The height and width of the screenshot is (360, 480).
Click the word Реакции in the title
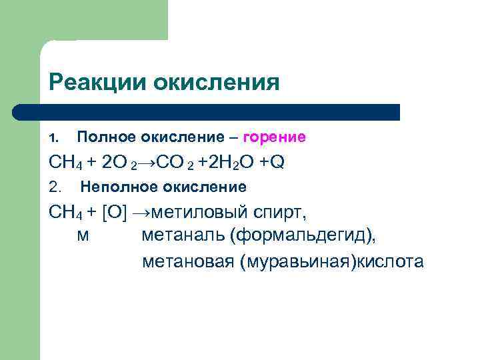pos(98,82)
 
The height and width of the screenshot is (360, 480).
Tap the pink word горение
pos(274,137)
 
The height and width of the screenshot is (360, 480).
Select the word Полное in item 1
pos(106,137)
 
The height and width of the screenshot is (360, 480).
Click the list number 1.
pos(55,138)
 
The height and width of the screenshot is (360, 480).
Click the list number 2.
pos(55,187)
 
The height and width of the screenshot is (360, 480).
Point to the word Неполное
pos(117,187)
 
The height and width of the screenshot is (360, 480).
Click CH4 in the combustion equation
pos(65,162)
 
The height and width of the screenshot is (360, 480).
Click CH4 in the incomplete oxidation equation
pos(65,213)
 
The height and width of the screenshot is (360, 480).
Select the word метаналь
pos(180,236)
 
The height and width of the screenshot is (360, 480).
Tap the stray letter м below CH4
pos(83,237)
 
